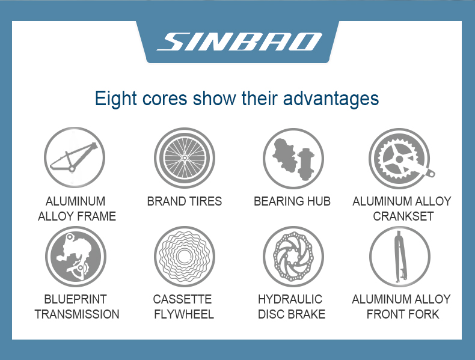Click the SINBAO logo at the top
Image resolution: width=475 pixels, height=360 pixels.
pos(239,41)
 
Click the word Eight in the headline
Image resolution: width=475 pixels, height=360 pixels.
pos(115,99)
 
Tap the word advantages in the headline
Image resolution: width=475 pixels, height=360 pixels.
pos(331,99)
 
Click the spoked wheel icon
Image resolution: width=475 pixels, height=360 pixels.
pos(185,157)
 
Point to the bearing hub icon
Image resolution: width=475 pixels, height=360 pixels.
pos(293,158)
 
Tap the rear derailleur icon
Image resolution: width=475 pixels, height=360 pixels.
pos(76,257)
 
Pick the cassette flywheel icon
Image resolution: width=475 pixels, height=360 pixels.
pos(185,257)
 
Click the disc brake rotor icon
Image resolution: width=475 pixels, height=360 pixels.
pos(293,257)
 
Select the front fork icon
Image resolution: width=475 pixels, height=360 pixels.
pos(400,257)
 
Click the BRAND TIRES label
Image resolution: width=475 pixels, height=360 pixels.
pos(185,201)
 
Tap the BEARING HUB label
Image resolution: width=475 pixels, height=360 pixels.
pos(292,201)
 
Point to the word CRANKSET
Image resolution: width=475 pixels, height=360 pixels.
pos(403,216)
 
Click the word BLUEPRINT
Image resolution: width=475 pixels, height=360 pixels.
pos(75,299)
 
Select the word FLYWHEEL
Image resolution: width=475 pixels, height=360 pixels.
pos(184,314)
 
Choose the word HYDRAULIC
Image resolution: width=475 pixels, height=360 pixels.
pos(290,299)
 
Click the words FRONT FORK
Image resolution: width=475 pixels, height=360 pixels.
pos(403,314)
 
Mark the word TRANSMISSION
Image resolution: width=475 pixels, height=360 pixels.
pos(77,314)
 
